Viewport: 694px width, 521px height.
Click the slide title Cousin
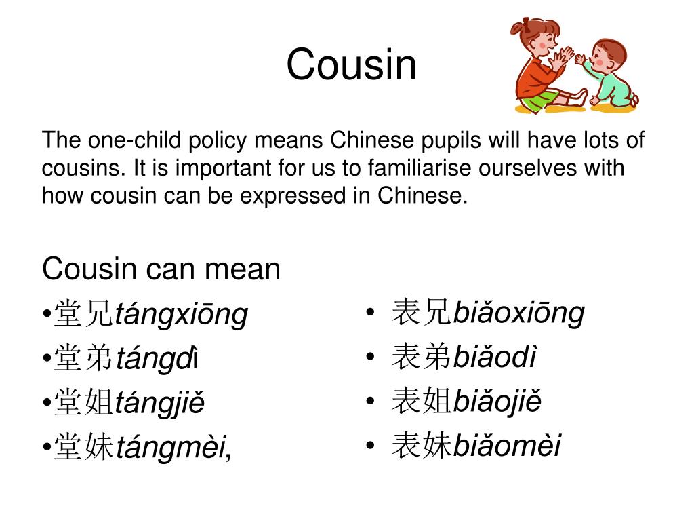point(351,65)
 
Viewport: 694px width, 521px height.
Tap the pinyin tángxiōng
point(182,315)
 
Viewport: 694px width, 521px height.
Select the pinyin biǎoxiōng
point(518,313)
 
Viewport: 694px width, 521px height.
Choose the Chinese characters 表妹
point(421,446)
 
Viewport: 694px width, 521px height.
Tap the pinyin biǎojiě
point(497,402)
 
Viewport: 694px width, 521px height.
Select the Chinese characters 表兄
point(421,313)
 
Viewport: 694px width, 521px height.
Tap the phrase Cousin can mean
point(161,269)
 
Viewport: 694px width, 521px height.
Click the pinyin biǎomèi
point(507,446)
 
